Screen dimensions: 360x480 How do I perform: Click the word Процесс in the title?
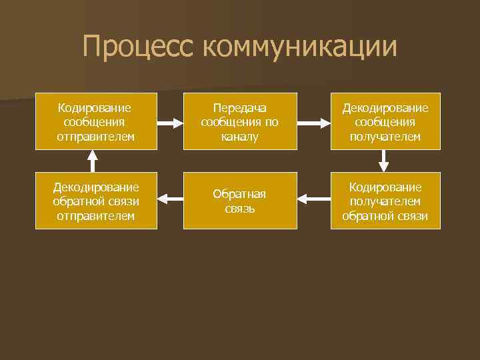[x=137, y=47]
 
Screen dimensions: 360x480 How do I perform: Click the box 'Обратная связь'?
[x=239, y=201]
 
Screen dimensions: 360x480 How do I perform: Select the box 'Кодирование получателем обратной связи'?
[x=385, y=201]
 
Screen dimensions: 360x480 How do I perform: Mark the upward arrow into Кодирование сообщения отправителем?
[x=93, y=161]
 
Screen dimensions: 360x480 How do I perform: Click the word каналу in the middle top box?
[x=239, y=137]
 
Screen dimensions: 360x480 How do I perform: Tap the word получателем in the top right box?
[x=385, y=137]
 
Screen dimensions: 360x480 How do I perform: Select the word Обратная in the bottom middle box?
[x=239, y=194]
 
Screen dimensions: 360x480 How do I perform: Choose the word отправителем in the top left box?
[x=95, y=137]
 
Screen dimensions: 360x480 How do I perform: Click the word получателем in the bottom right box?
[x=385, y=201]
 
